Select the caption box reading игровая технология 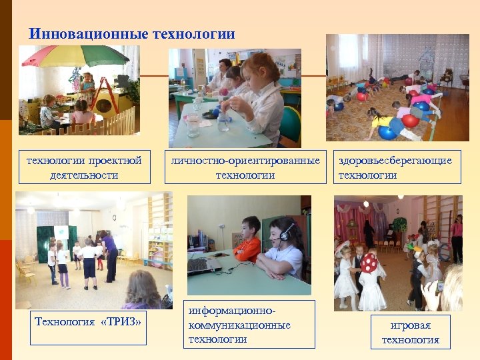point(410,333)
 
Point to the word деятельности point(83,175)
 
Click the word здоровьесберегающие point(395,161)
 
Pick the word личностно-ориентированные point(245,161)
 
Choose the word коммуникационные point(239,325)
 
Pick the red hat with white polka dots point(369,263)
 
